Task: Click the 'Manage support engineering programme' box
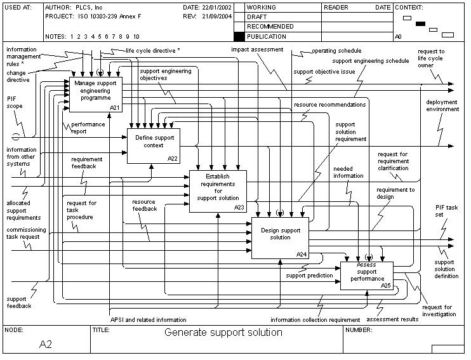tap(96, 92)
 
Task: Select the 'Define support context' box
tap(154, 144)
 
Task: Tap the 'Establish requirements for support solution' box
tap(217, 191)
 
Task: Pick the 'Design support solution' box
tap(280, 237)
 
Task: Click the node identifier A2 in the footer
tap(46, 344)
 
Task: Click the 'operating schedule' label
tap(336, 51)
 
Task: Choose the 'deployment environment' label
tap(442, 105)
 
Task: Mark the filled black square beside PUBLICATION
tap(239, 37)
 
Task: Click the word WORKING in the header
tap(261, 7)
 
